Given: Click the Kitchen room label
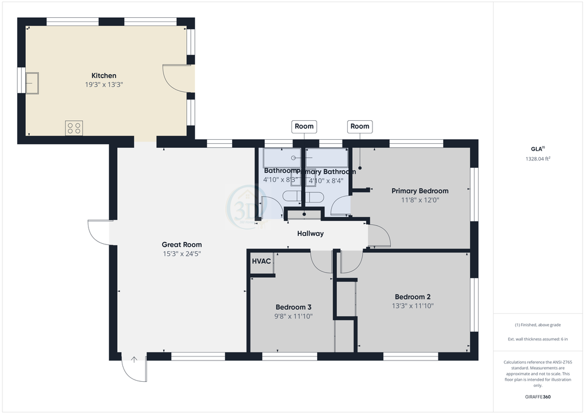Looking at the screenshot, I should point(104,75).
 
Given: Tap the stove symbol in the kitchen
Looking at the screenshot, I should point(74,128).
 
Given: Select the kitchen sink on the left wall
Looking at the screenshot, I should point(32,83).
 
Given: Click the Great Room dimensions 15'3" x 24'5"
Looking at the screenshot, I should point(182,254).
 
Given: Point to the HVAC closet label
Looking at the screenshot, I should point(261,261).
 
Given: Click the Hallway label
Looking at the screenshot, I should point(310,233).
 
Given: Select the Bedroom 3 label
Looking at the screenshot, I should point(294,306).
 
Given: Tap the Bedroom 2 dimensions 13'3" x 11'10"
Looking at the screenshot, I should point(409,306).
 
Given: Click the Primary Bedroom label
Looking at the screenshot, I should point(419,191).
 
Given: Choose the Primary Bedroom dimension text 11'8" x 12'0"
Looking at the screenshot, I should point(419,200).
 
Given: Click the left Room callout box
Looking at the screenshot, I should point(304,126).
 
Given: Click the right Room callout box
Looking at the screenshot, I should point(360,126).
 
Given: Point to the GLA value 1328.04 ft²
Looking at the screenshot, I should point(538,159).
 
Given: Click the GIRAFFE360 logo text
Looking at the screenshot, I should point(538,397).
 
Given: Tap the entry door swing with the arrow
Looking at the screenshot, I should point(134,367).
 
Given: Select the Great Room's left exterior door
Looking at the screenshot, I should point(99,232).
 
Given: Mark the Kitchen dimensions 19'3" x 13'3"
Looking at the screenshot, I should point(104,85).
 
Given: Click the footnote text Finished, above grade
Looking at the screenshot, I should point(538,325).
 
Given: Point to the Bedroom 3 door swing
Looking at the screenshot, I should point(321,262).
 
